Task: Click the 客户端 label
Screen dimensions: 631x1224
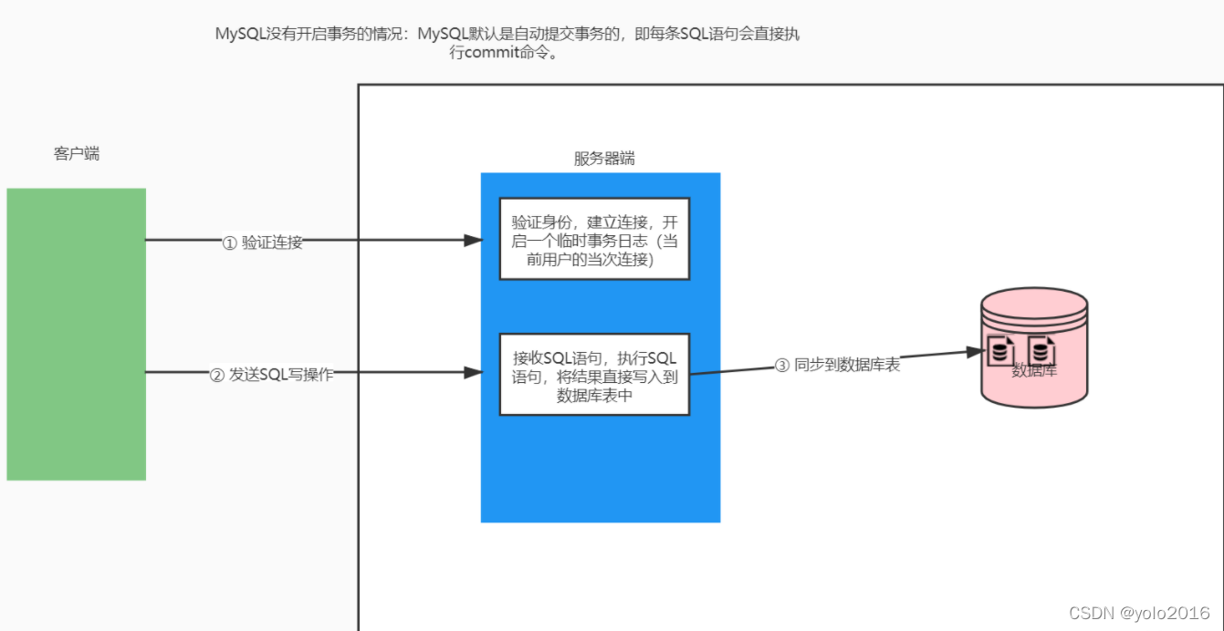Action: [x=77, y=154]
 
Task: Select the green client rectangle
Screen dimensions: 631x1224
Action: [x=76, y=334]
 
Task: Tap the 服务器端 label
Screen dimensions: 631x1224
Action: [x=603, y=158]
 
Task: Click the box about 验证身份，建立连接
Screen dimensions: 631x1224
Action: [x=594, y=238]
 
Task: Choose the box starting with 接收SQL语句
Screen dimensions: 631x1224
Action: [x=594, y=375]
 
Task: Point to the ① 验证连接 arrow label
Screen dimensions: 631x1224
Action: [x=263, y=243]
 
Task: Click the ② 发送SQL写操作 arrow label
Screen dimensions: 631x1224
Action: [x=271, y=374]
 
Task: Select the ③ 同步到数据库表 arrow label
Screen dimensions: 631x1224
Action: [x=837, y=365]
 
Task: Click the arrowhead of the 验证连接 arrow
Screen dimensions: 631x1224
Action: [x=473, y=241]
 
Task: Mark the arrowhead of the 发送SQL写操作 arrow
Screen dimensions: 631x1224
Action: [x=473, y=372]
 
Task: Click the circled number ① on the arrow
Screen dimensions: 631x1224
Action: [x=230, y=243]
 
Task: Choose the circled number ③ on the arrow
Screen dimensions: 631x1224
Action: [x=781, y=366]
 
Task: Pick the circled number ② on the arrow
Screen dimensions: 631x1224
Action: [x=217, y=374]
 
